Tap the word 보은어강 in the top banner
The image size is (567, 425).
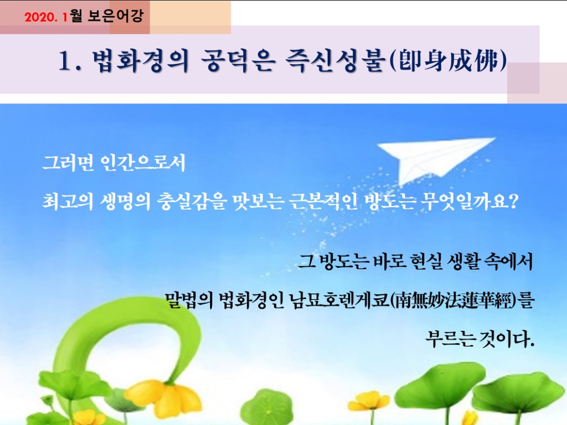click(x=116, y=16)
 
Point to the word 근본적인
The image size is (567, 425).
click(x=323, y=201)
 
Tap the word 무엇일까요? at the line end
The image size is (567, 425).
click(x=470, y=201)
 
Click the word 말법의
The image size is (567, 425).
click(x=189, y=300)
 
